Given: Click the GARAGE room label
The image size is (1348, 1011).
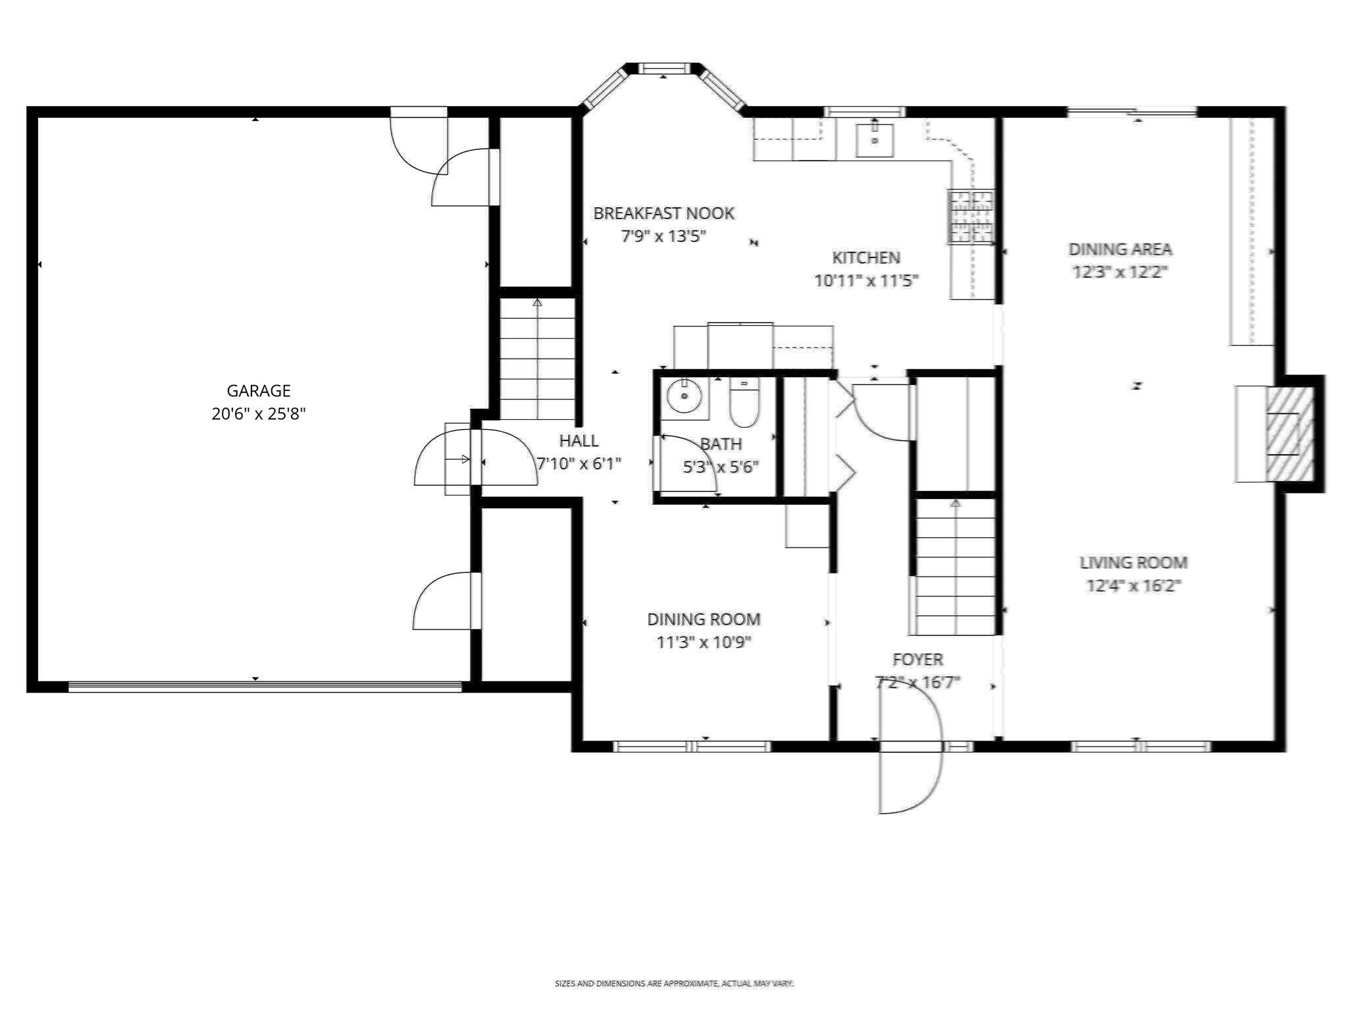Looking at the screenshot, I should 258,391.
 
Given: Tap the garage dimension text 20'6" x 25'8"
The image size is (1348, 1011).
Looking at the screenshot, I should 258,414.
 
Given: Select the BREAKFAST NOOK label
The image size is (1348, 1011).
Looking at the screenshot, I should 663,213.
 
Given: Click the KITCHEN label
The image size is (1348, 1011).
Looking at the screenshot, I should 866,257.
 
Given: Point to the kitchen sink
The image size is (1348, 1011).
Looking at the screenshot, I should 874,140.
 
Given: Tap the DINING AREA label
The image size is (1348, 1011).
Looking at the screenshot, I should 1120,249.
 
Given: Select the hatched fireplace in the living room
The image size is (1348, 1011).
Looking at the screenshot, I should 1289,433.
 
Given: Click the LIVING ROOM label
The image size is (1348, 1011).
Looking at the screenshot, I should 1133,563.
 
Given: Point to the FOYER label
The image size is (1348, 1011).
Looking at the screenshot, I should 917,660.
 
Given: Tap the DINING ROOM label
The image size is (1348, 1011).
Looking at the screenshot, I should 704,619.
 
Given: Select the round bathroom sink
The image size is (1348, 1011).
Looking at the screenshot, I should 684,397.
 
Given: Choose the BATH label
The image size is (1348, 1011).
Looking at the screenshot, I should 721,444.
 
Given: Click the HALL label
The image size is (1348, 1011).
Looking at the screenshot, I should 579,441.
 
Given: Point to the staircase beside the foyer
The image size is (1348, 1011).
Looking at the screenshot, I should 955,567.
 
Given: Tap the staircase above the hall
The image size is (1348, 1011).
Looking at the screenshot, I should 537,359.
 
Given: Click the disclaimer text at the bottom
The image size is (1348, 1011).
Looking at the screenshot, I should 674,983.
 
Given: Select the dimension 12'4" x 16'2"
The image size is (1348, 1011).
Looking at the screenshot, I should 1133,585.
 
